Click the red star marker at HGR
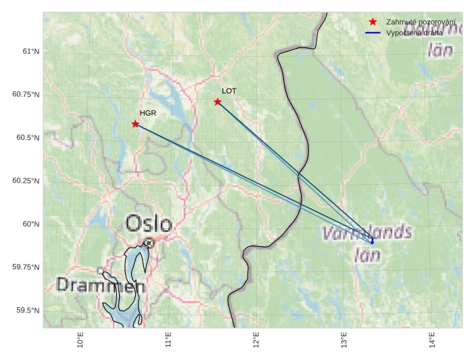(x=136, y=124)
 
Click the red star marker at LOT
(x=218, y=102)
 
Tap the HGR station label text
(x=148, y=113)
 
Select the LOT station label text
(x=229, y=91)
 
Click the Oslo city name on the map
(x=149, y=223)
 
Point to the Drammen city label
(x=101, y=286)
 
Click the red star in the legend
(x=373, y=22)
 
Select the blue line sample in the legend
(x=373, y=32)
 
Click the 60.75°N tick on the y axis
(x=26, y=94)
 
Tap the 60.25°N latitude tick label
(x=26, y=181)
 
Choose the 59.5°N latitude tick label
(x=28, y=310)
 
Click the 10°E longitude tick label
(x=80, y=340)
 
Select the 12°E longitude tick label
(x=256, y=340)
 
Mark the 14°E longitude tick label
(x=432, y=340)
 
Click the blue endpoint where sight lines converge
(x=372, y=242)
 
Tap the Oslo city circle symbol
(x=149, y=242)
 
